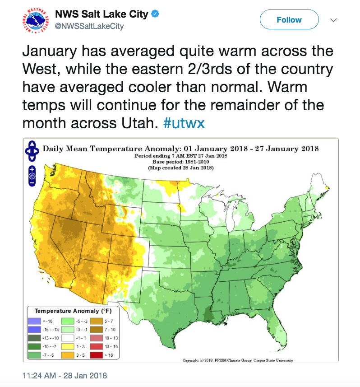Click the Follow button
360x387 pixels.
coord(289,20)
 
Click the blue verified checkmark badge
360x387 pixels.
coord(155,14)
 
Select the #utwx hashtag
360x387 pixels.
coord(184,123)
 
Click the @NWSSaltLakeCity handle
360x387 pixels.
coord(89,26)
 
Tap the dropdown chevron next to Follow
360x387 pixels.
coord(334,20)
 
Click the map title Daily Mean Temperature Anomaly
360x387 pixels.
coord(180,148)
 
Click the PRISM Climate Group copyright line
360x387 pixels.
coord(237,360)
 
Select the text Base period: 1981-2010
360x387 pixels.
coord(180,162)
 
